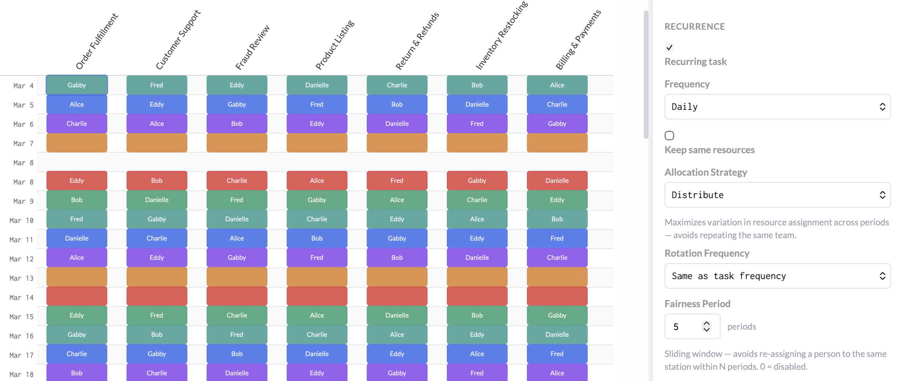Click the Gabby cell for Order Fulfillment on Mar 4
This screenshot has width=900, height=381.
click(76, 85)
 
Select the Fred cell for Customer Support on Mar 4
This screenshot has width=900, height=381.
click(157, 85)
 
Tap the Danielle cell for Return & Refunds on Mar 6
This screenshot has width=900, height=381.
click(397, 124)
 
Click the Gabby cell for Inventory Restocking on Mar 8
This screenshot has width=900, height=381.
click(477, 180)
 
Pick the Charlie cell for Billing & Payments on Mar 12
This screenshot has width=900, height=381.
click(557, 257)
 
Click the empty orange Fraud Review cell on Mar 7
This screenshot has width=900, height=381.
click(237, 143)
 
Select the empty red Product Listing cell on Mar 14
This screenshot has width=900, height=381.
click(317, 296)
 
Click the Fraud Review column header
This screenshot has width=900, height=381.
click(252, 47)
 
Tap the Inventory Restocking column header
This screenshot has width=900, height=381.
click(501, 36)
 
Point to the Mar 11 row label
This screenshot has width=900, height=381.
click(21, 240)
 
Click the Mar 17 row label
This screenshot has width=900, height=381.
click(21, 355)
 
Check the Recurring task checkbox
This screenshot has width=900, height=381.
click(669, 47)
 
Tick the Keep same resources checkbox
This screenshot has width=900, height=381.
click(669, 136)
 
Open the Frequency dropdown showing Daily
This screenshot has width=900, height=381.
click(777, 107)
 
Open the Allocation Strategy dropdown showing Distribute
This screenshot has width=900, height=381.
click(777, 195)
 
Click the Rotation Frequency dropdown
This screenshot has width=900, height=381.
click(777, 276)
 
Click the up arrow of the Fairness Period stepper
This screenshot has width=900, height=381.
click(707, 323)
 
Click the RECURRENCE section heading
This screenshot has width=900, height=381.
click(695, 26)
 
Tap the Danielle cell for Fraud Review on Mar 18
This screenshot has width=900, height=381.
click(237, 373)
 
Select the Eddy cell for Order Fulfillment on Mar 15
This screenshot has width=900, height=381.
click(76, 315)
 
